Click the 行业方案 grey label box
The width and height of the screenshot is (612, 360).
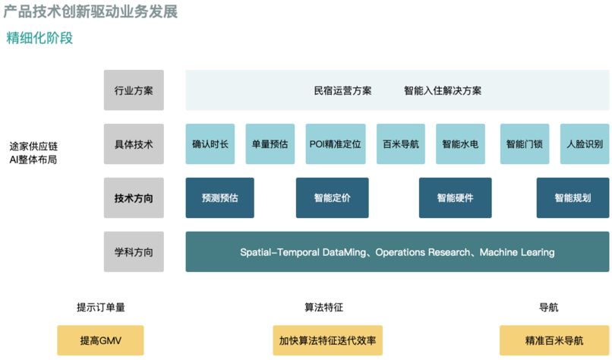(x=134, y=90)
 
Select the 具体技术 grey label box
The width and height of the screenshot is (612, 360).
(x=134, y=144)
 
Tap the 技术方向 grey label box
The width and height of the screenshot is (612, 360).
(x=134, y=197)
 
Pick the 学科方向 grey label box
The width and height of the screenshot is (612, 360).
(x=134, y=251)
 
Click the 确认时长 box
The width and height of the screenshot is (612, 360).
(x=210, y=144)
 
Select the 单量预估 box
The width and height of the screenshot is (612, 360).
(x=270, y=144)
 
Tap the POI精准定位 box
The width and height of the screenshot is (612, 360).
(x=335, y=144)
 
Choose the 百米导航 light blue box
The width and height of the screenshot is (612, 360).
(x=400, y=144)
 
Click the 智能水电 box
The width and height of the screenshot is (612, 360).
(x=460, y=144)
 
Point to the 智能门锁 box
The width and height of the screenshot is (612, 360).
(x=525, y=144)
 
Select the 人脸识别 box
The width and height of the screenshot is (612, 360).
(x=584, y=144)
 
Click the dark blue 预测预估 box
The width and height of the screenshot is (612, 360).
(x=219, y=197)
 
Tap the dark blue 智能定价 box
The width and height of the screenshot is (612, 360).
(x=332, y=197)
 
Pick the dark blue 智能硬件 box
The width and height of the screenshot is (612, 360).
(x=455, y=197)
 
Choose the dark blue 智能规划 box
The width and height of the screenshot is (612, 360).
(x=573, y=197)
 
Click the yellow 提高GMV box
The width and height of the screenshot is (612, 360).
(x=100, y=340)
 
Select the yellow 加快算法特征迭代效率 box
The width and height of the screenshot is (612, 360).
(x=327, y=340)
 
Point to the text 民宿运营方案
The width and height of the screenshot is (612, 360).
(x=342, y=90)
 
